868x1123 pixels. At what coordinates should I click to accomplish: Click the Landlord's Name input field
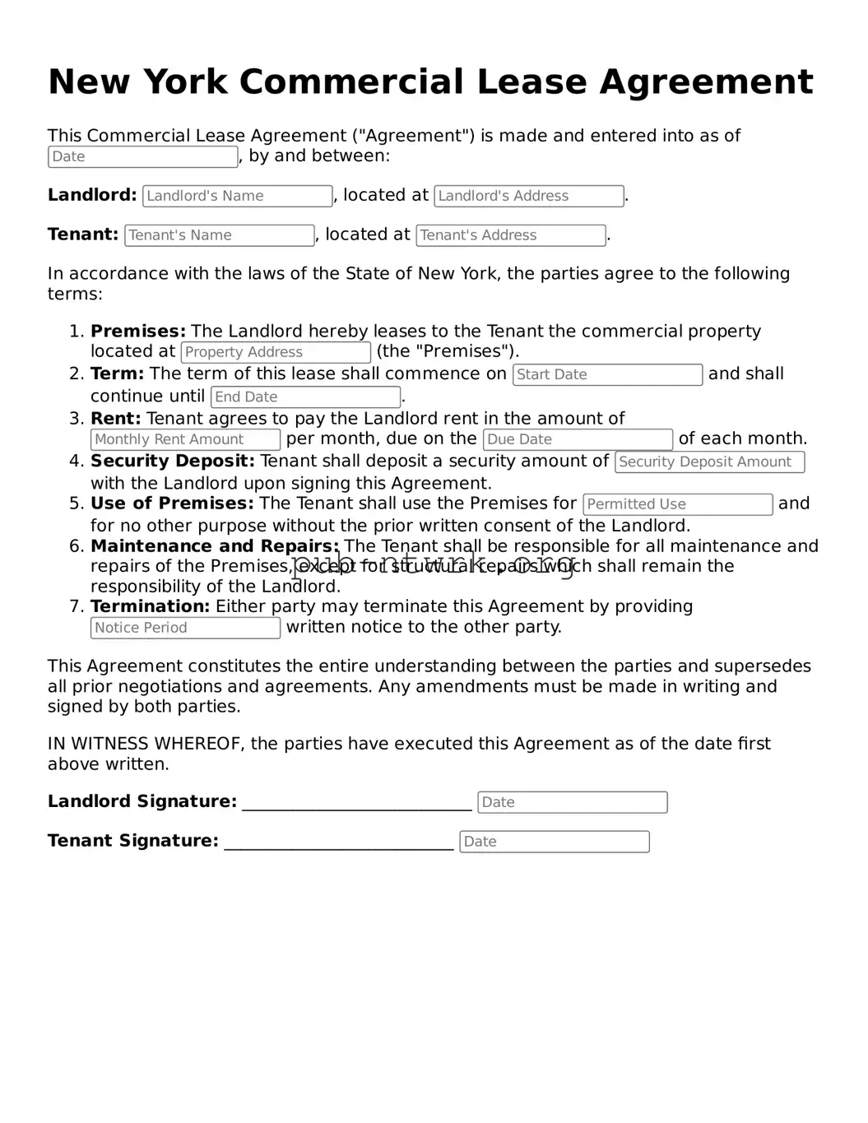[237, 196]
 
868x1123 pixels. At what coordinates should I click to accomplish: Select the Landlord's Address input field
[528, 196]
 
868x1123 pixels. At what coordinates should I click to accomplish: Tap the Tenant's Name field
[219, 235]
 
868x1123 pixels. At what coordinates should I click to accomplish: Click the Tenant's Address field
[510, 235]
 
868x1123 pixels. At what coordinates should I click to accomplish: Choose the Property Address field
[275, 352]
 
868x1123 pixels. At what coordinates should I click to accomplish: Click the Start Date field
[607, 374]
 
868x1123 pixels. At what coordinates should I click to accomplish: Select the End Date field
[305, 397]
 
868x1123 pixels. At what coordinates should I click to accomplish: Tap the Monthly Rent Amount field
[185, 439]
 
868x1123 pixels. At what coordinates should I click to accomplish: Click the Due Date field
[578, 439]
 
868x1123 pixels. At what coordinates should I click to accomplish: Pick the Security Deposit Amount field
[709, 462]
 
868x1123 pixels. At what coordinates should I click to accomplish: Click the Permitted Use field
[677, 504]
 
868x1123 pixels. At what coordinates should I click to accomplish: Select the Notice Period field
[185, 628]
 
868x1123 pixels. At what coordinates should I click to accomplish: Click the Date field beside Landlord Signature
[572, 802]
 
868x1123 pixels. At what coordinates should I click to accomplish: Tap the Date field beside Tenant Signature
[554, 842]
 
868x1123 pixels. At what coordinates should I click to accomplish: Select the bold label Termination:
[151, 607]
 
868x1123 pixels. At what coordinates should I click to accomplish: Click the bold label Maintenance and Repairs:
[214, 546]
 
